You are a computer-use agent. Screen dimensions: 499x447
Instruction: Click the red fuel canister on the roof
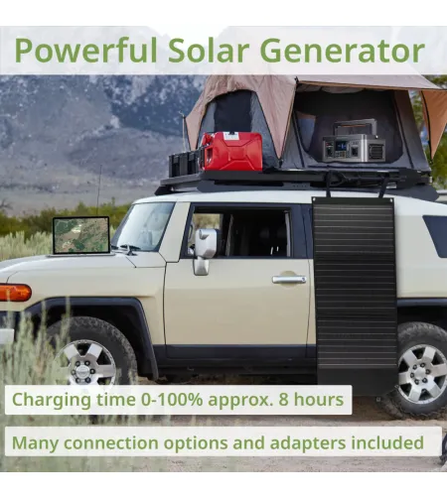230,152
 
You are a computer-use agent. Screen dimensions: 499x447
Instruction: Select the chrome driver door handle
289,280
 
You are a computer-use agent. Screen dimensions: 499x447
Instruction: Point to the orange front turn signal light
14,293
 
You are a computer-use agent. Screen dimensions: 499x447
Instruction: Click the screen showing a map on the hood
80,235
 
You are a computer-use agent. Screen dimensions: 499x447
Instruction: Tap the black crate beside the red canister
185,163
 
